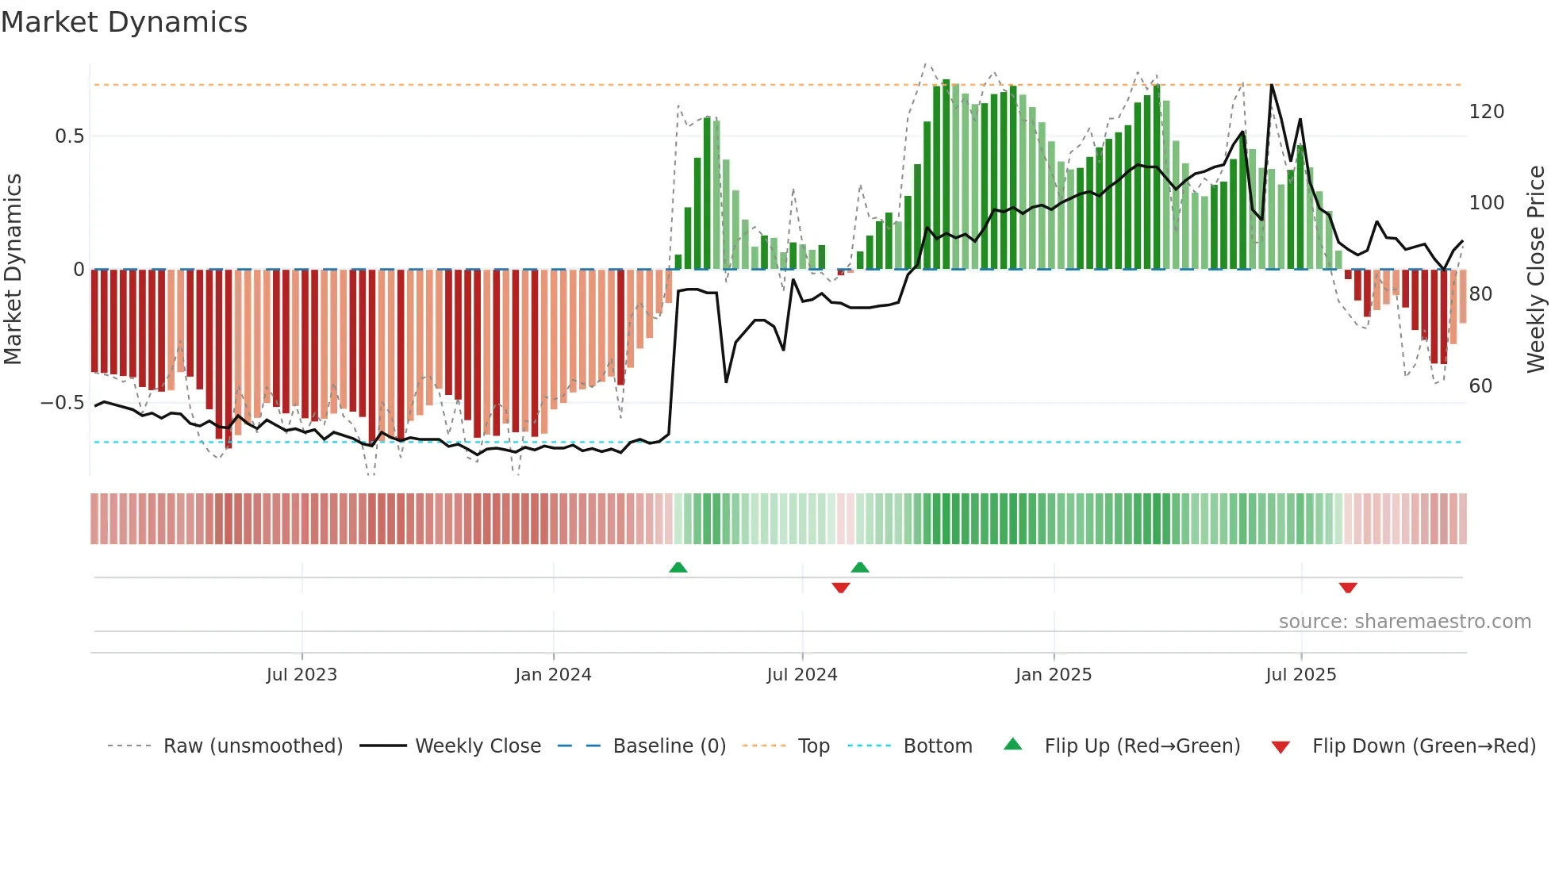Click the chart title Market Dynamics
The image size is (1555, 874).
coord(124,22)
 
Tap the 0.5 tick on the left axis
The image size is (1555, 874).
coord(69,136)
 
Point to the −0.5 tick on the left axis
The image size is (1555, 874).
coord(62,403)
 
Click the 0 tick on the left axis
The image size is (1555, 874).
coord(79,270)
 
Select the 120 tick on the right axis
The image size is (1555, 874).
coord(1486,112)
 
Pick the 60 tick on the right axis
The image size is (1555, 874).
coord(1480,386)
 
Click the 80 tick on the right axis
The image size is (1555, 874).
coord(1480,294)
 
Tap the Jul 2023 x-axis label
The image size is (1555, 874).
coord(301,675)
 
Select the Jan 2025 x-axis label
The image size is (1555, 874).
coord(1054,675)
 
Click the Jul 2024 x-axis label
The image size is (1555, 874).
coord(802,675)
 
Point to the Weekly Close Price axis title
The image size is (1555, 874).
coord(1536,270)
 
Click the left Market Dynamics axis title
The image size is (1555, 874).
coord(13,270)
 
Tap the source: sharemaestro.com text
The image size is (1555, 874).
coord(1404,622)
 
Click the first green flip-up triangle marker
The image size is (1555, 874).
coord(678,568)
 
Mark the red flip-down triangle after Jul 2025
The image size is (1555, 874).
coord(1348,588)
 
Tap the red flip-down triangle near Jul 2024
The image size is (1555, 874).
coord(841,588)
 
